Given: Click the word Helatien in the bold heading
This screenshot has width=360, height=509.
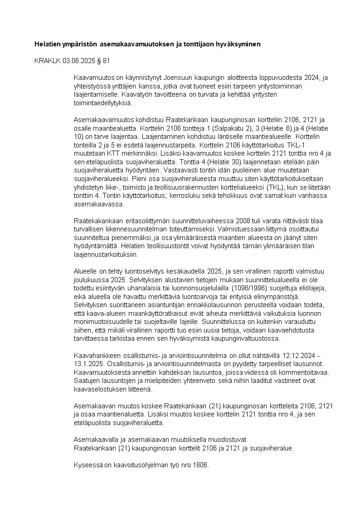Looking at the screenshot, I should coord(49,44).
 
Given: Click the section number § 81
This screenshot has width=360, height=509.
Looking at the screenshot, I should coord(103,60).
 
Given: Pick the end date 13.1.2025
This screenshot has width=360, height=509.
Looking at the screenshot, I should coord(88,363).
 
